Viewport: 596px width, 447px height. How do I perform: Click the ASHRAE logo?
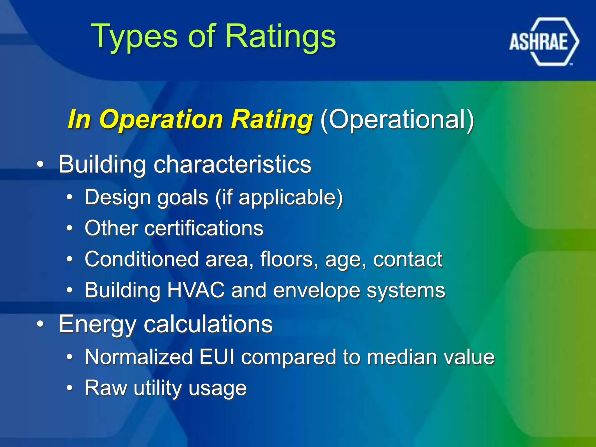544,42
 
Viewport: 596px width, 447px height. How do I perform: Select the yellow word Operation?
161,119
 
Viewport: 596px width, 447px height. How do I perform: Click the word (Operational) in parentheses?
397,119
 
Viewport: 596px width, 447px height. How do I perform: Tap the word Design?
118,197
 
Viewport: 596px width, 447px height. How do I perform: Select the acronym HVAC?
196,290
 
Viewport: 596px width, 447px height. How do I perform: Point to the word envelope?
316,291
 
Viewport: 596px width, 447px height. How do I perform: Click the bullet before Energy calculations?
40,324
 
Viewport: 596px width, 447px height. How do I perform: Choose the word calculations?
208,324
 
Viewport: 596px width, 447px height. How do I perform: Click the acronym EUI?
217,357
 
